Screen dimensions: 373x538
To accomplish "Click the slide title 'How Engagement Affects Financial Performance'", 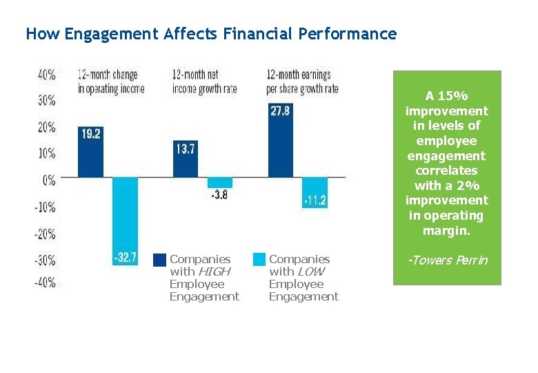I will coord(211,34).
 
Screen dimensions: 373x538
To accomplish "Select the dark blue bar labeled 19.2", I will coord(90,152).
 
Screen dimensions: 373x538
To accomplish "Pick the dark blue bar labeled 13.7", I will coord(185,159).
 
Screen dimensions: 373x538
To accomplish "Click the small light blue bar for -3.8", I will coord(220,183).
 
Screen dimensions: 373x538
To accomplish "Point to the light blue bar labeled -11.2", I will coord(315,192).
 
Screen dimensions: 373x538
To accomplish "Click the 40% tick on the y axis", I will coord(47,75).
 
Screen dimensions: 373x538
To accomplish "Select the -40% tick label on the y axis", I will coord(45,283).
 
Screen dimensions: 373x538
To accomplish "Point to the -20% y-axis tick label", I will coord(45,233).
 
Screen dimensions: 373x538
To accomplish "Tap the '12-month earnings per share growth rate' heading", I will coord(302,82).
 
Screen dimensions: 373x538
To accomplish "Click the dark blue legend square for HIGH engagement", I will coord(159,260).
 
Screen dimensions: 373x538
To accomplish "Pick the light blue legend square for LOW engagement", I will coord(259,260).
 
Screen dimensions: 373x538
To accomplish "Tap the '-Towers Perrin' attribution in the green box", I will coord(447,260).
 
